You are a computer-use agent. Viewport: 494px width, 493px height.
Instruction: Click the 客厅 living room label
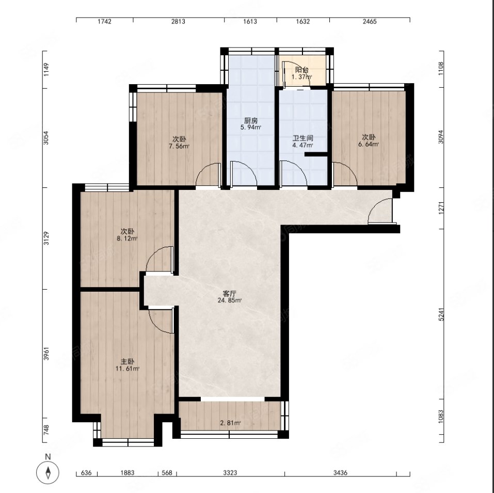click(x=229, y=293)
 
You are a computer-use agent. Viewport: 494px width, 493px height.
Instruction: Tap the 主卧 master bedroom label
click(x=128, y=362)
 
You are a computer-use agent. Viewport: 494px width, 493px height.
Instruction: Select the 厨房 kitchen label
click(x=251, y=121)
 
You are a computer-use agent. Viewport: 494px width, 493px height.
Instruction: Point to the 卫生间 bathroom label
click(x=303, y=138)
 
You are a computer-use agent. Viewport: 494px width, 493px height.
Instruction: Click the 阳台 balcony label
click(x=301, y=70)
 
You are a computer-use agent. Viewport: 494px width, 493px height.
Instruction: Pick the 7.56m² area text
click(x=179, y=146)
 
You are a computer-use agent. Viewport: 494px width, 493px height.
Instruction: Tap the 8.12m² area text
click(x=127, y=238)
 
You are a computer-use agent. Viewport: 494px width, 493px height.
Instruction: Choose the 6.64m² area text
click(x=368, y=144)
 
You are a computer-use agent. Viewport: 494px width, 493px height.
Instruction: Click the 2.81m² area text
click(x=230, y=423)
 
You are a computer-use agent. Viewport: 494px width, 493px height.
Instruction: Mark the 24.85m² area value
click(x=229, y=300)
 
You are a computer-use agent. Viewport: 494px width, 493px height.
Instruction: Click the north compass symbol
click(x=48, y=472)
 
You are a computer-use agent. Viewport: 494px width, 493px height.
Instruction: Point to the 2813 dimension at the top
click(x=178, y=21)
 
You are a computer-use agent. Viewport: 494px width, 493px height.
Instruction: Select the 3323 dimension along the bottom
click(x=230, y=472)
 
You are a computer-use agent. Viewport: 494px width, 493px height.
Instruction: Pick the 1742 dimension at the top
click(x=104, y=21)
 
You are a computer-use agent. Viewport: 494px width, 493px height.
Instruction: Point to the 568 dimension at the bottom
click(x=167, y=472)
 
